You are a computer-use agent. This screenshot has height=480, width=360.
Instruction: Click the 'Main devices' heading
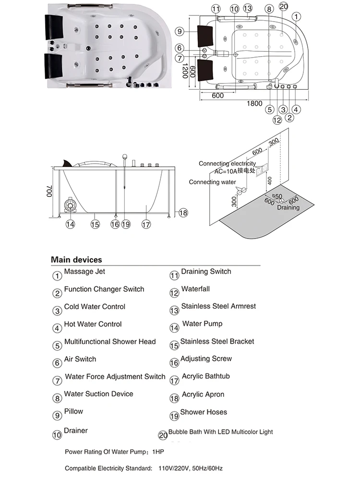(x=77, y=260)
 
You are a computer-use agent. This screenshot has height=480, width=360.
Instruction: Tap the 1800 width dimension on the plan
(x=254, y=103)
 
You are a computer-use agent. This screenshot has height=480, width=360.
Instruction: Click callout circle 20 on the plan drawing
(x=283, y=6)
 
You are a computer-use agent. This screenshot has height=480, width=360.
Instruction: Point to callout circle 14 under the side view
(x=71, y=224)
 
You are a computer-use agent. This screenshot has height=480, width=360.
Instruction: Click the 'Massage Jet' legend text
(x=84, y=272)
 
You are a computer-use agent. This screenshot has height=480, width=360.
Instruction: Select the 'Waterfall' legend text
(x=195, y=289)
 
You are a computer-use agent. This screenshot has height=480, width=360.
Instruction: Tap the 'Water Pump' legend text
(x=202, y=324)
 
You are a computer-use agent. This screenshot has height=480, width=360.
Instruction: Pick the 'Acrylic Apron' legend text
(x=203, y=395)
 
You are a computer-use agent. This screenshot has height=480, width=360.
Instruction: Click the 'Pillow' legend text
(x=73, y=411)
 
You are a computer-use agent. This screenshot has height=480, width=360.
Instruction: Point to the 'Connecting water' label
(x=212, y=182)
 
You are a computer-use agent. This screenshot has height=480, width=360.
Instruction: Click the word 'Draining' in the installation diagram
(x=288, y=208)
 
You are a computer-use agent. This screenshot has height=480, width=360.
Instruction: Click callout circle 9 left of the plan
(x=180, y=32)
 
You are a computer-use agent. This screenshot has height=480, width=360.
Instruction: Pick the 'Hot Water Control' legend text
(x=93, y=324)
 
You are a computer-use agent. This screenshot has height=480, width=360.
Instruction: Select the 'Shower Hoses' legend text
(x=204, y=412)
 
